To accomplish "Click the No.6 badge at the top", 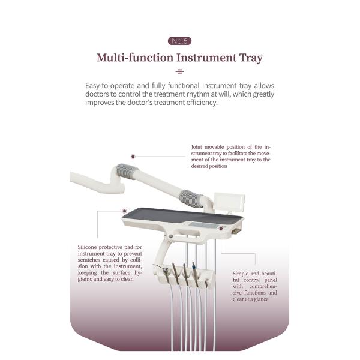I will [179, 41].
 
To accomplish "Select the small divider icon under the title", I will [179, 71].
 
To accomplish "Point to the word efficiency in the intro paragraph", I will [200, 103].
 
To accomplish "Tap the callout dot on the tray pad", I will [124, 211].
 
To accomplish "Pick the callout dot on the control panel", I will [221, 228].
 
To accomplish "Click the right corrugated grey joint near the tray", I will [192, 197].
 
